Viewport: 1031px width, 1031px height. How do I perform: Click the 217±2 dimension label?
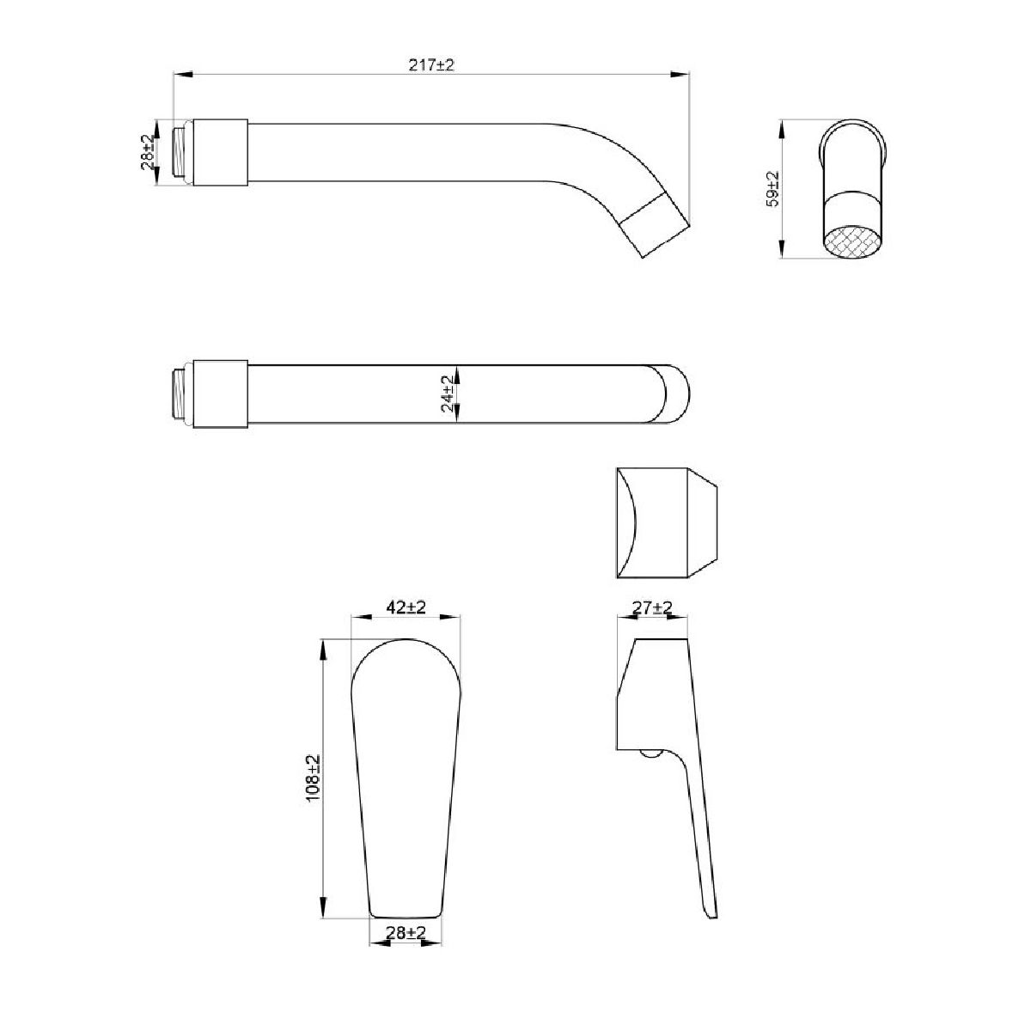click(x=431, y=65)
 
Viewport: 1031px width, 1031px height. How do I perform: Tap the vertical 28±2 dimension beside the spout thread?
click(x=148, y=152)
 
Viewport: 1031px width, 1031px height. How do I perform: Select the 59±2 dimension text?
click(x=772, y=189)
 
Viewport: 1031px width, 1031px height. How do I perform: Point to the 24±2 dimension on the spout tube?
click(x=448, y=393)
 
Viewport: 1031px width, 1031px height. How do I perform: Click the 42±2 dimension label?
click(x=406, y=607)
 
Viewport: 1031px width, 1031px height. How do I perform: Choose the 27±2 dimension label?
click(x=652, y=607)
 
